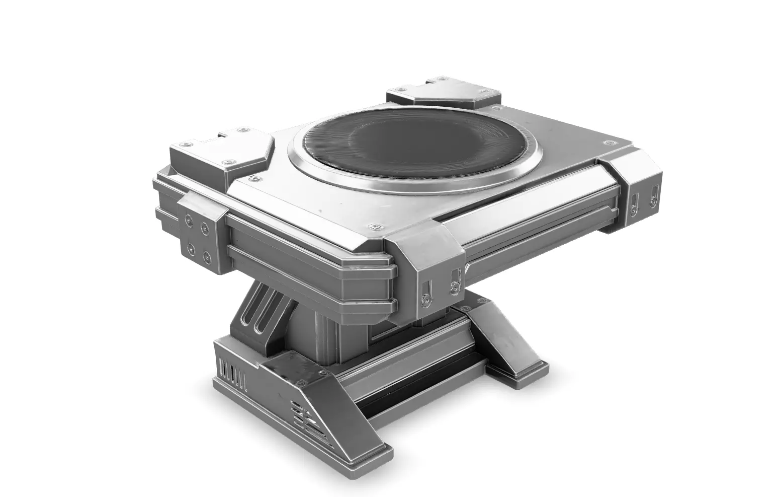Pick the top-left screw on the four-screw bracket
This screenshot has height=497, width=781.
pyautogui.click(x=188, y=220)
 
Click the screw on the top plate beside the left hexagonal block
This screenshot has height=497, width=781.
pyautogui.click(x=257, y=177)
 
